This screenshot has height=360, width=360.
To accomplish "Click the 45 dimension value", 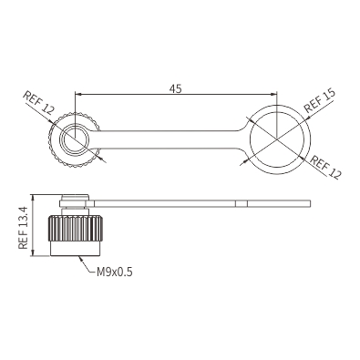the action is pyautogui.click(x=175, y=88).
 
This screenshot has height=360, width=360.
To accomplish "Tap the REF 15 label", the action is pyautogui.click(x=320, y=100).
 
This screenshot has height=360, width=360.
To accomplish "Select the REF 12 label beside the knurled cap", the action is pyautogui.click(x=38, y=103).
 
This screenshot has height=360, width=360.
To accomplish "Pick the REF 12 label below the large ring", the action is pyautogui.click(x=325, y=167).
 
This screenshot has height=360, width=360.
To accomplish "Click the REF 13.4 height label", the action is pyautogui.click(x=23, y=228).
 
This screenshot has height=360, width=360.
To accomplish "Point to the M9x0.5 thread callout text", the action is pyautogui.click(x=115, y=272).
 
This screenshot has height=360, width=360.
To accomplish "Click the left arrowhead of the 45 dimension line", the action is pyautogui.click(x=77, y=95).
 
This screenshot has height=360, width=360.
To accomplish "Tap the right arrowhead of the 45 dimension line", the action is pyautogui.click(x=273, y=95).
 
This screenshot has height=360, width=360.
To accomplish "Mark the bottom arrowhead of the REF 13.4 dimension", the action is pyautogui.click(x=34, y=252).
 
